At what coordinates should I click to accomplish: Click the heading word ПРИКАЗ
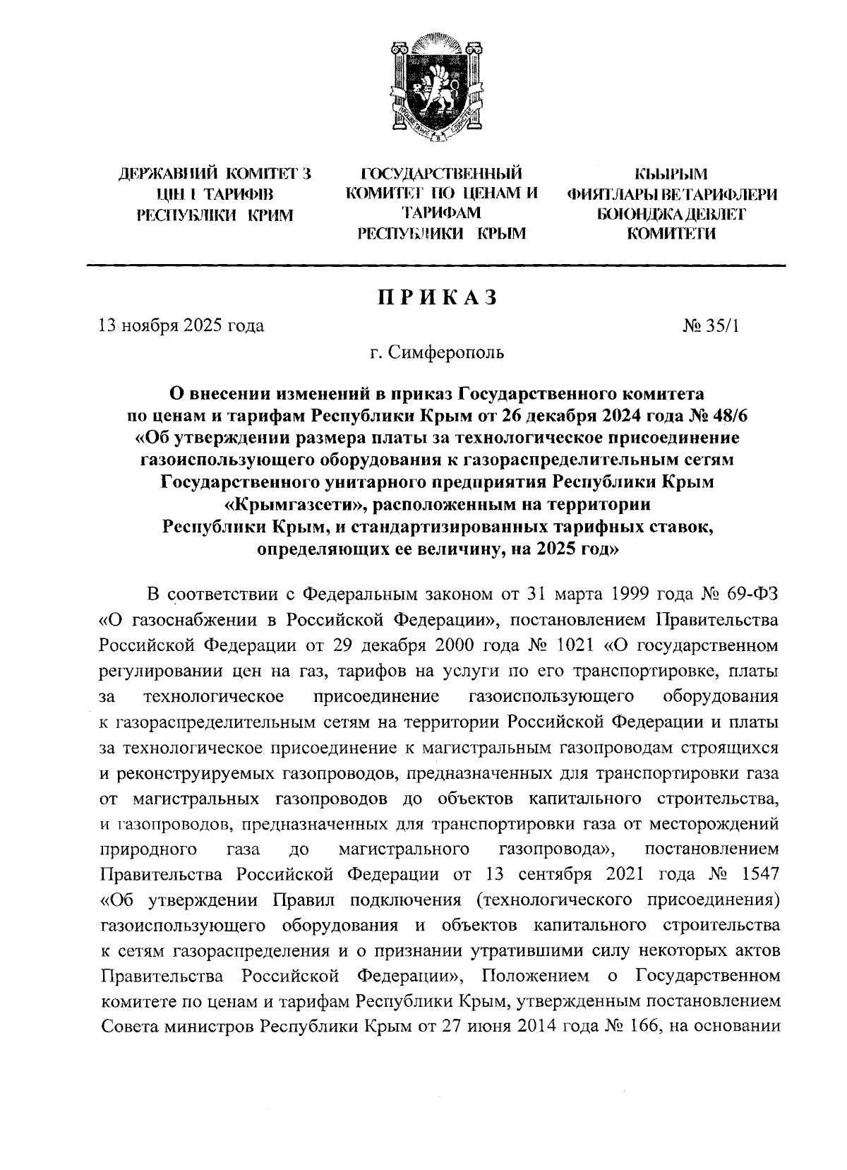[x=435, y=297]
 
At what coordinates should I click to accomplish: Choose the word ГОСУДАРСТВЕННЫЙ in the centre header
[x=441, y=173]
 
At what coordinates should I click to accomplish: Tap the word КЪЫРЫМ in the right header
[x=671, y=173]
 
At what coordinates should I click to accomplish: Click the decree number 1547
[x=761, y=873]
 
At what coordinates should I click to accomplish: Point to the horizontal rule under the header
[x=435, y=265]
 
